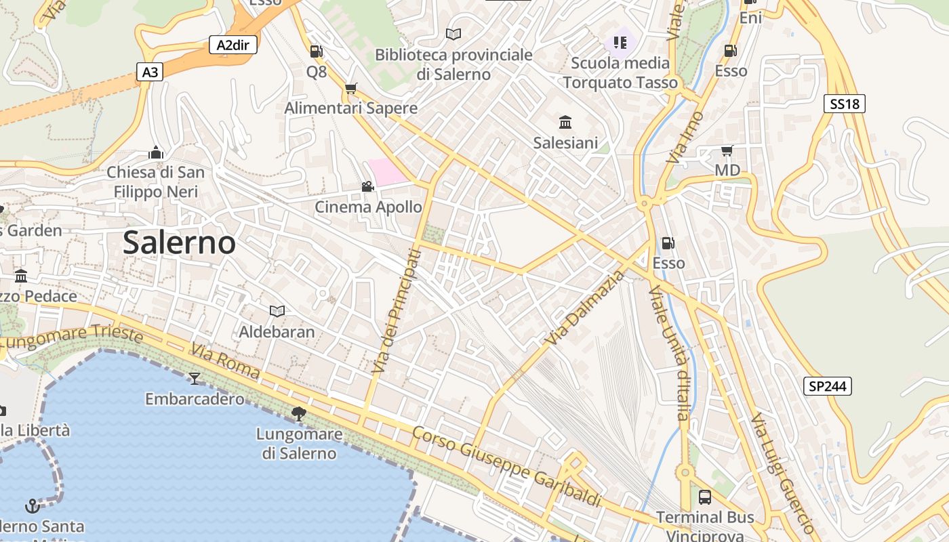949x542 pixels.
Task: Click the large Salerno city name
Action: click(x=179, y=243)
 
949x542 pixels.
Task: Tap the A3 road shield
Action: click(x=150, y=72)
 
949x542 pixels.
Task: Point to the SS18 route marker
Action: click(x=845, y=104)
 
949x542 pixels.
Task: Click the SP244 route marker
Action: click(x=828, y=386)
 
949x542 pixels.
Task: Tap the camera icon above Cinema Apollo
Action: click(x=367, y=186)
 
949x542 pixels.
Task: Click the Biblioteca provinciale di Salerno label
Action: click(x=453, y=64)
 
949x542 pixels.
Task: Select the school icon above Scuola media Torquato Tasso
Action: click(x=620, y=43)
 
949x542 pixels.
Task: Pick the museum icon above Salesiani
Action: click(x=565, y=123)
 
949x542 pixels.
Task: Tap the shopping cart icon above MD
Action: click(x=727, y=150)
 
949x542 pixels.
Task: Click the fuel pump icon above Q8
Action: click(x=316, y=51)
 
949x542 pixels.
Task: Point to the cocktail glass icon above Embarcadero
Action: click(x=195, y=378)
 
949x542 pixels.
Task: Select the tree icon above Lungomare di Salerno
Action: click(x=298, y=413)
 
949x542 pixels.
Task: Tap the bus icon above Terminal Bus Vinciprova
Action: click(x=705, y=497)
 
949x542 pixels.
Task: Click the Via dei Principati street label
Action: click(x=397, y=311)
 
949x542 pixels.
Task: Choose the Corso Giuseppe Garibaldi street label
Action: click(x=506, y=467)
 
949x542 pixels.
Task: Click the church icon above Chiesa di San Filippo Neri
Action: click(x=156, y=152)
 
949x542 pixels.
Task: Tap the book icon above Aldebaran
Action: click(x=277, y=311)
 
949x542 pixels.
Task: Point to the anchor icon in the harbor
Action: click(x=32, y=505)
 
